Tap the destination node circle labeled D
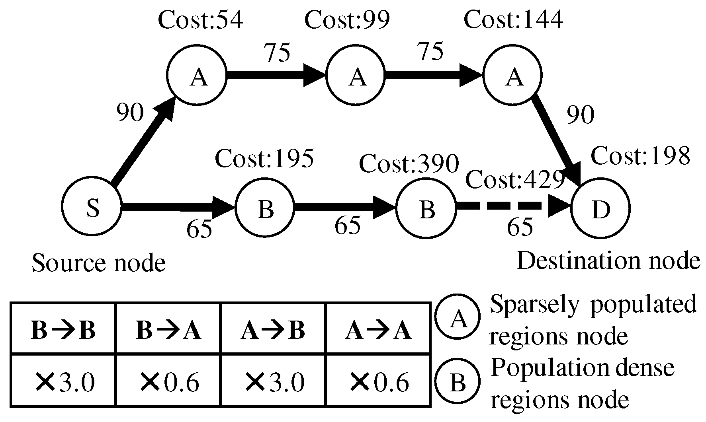click(x=600, y=209)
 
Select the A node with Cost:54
click(x=197, y=76)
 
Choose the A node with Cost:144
click(x=513, y=76)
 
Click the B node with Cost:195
click(x=265, y=208)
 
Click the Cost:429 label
click(x=515, y=180)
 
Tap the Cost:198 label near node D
click(x=640, y=156)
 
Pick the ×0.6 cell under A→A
click(x=378, y=382)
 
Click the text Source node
click(x=98, y=263)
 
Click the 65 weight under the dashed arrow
click(x=520, y=227)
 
